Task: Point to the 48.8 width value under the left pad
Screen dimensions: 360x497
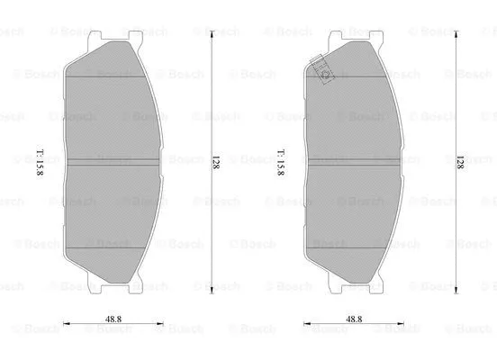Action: click(x=113, y=318)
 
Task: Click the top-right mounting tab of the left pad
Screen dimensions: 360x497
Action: click(x=135, y=37)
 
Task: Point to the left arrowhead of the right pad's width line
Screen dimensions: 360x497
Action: click(x=306, y=327)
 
